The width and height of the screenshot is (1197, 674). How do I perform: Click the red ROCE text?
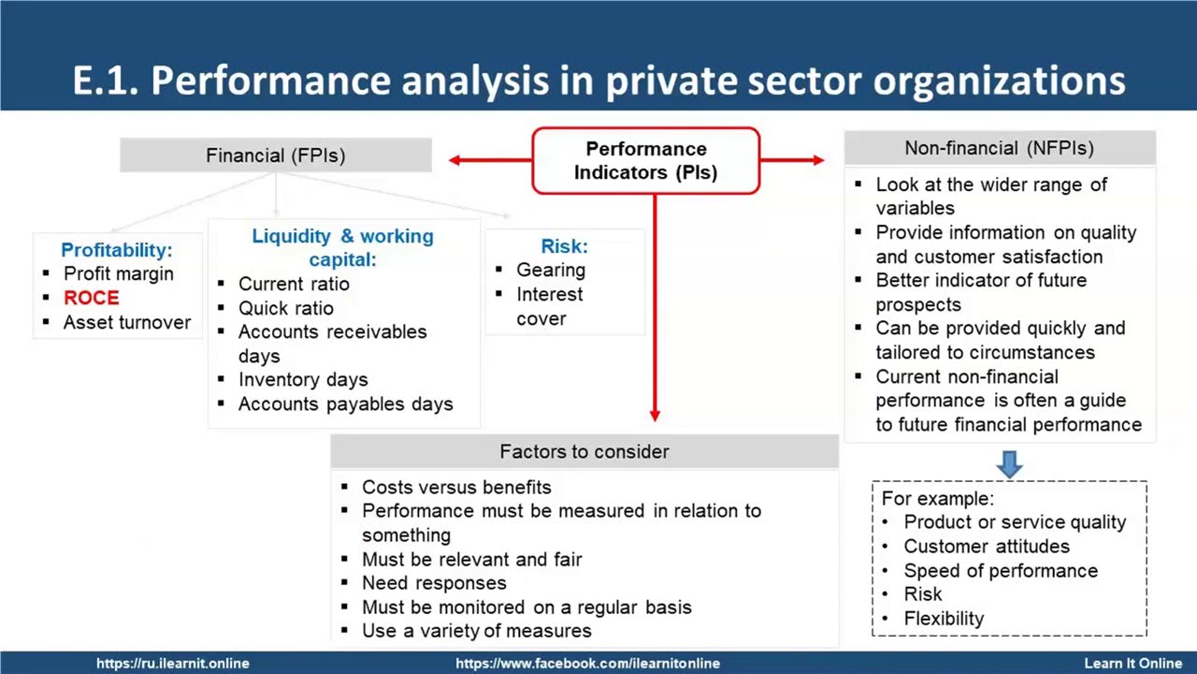click(x=92, y=298)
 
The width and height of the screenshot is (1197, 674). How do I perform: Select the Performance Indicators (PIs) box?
click(x=645, y=161)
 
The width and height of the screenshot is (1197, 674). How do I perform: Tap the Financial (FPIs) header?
click(x=275, y=155)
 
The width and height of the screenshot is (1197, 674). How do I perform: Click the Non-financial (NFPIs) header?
click(x=999, y=148)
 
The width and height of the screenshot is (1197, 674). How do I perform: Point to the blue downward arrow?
click(x=1009, y=464)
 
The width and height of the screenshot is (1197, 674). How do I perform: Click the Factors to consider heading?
click(x=584, y=452)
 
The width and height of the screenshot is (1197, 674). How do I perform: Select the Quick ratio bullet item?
click(x=285, y=308)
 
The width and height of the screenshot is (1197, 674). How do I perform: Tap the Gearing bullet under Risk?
click(x=551, y=270)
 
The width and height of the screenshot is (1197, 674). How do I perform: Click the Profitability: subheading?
click(x=117, y=250)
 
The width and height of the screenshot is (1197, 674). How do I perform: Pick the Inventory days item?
click(x=303, y=380)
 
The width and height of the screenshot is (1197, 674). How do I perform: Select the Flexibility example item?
click(x=944, y=618)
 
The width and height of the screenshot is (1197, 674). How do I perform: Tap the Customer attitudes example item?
click(x=987, y=546)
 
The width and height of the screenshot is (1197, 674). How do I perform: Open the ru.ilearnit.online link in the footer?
click(x=173, y=663)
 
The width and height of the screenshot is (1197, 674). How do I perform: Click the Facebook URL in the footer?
click(x=587, y=663)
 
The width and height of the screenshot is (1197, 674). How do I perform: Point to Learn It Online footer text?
click(x=1132, y=663)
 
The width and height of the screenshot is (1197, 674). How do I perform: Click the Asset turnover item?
click(x=126, y=322)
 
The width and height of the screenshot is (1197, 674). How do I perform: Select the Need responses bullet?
click(x=434, y=583)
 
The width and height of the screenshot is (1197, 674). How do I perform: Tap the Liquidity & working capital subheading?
click(x=342, y=248)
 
